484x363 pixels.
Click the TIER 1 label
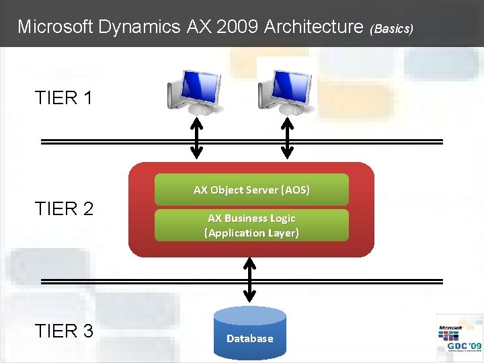point(65,98)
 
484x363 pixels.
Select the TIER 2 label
point(65,209)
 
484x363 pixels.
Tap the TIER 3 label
point(65,331)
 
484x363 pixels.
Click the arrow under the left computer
point(196,138)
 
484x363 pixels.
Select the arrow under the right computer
point(288,138)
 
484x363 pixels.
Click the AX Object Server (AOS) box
point(251,190)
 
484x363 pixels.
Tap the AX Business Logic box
point(251,225)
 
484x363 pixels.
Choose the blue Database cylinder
point(250,333)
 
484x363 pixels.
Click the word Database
point(250,339)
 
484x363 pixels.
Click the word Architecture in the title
point(314,27)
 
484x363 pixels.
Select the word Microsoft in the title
point(55,27)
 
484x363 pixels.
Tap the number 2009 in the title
point(240,27)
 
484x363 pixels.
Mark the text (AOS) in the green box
point(296,190)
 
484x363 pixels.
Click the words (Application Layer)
point(251,233)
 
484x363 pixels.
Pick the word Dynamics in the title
point(138,27)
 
